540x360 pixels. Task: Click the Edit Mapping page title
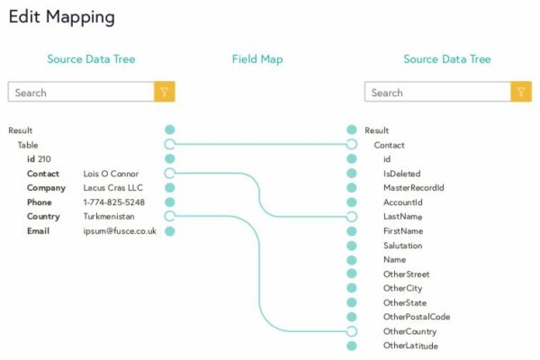[61, 17]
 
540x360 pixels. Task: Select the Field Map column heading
[257, 59]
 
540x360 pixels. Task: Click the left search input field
[81, 92]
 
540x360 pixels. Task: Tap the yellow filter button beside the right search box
[521, 92]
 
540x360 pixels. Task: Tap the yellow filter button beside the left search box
[165, 92]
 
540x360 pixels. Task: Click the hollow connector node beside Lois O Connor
[170, 173]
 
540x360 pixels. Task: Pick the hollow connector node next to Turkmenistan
[170, 216]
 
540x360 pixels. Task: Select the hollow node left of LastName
[352, 217]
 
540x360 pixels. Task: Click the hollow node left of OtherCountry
[352, 331]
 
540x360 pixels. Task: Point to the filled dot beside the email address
[170, 231]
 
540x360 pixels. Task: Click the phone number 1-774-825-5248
[114, 202]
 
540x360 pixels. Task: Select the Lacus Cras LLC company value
[113, 188]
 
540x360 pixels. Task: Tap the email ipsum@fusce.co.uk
[120, 231]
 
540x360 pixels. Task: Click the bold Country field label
[43, 216]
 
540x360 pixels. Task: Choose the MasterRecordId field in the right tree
[414, 188]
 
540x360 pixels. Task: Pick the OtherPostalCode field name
[417, 317]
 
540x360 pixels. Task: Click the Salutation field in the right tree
[403, 246]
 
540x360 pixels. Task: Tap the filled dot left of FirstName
[352, 231]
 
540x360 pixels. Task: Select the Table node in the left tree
[28, 145]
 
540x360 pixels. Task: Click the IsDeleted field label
[402, 174]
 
